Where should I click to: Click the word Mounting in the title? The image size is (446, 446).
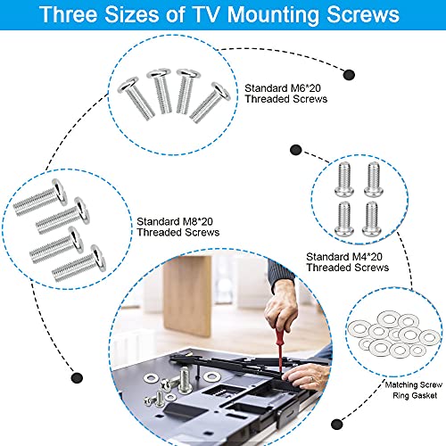(x=273, y=15)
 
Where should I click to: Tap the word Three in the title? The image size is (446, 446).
(x=69, y=14)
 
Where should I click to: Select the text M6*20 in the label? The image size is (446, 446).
(x=306, y=88)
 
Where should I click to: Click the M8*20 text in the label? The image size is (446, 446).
(x=198, y=221)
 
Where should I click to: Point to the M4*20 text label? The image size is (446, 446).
(x=368, y=257)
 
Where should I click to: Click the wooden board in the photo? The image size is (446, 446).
(x=187, y=296)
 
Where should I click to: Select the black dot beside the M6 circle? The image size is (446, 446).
(x=349, y=75)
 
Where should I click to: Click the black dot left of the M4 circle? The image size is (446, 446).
(x=295, y=150)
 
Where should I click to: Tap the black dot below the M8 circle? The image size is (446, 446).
(x=77, y=378)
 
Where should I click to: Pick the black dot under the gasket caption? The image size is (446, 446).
(x=337, y=424)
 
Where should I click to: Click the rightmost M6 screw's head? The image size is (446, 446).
(x=220, y=91)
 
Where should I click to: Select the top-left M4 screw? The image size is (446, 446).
(x=344, y=179)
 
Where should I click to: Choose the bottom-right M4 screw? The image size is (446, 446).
(x=371, y=219)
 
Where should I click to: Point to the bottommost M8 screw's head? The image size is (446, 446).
(x=98, y=258)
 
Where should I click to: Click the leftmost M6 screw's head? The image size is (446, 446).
(x=128, y=85)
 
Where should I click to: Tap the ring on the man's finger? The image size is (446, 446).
(x=311, y=379)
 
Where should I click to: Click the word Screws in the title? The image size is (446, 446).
(x=363, y=14)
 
